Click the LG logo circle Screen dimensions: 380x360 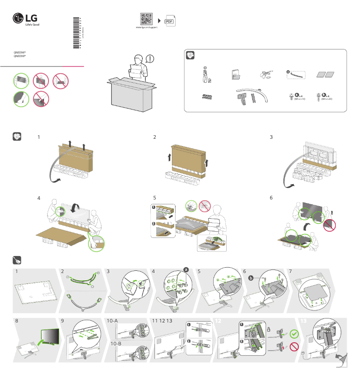pyautogui.click(x=18, y=18)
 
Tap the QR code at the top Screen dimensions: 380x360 pyautogui.click(x=146, y=19)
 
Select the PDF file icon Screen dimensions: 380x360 pyautogui.click(x=169, y=21)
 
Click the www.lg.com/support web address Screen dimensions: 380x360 pyautogui.click(x=146, y=28)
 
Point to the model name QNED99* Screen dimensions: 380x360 pyautogui.click(x=20, y=57)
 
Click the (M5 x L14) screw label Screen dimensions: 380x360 pyautogui.click(x=293, y=98)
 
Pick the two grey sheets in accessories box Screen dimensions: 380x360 pyautogui.click(x=325, y=75)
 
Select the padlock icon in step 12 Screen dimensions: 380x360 pyautogui.click(x=268, y=330)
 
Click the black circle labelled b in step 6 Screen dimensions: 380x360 pyautogui.click(x=251, y=278)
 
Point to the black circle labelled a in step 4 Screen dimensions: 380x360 pyautogui.click(x=185, y=270)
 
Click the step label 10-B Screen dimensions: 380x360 pyautogui.click(x=115, y=343)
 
